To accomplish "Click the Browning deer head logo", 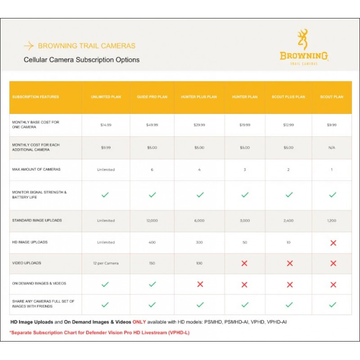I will point(303,40).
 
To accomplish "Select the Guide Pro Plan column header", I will point(152,97).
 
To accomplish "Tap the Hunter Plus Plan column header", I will point(199,97).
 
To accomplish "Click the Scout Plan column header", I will point(332,97).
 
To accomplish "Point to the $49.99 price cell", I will point(152,125).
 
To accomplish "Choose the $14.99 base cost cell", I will point(106,125).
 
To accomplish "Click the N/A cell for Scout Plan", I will point(332,148).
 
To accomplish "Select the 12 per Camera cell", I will point(106,263).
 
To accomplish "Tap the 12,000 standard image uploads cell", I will point(152,220).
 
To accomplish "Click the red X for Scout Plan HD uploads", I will point(333,243).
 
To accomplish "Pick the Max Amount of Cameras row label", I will point(36,169).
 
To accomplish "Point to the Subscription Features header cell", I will point(36,97).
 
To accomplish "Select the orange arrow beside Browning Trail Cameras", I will point(29,46).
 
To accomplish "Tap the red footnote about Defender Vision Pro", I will point(99,333).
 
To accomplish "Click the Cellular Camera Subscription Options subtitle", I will point(81,60).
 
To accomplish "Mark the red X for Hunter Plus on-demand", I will point(200,284).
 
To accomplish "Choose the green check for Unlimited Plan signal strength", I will point(105,195).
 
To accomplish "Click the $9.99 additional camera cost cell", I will point(106,148).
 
